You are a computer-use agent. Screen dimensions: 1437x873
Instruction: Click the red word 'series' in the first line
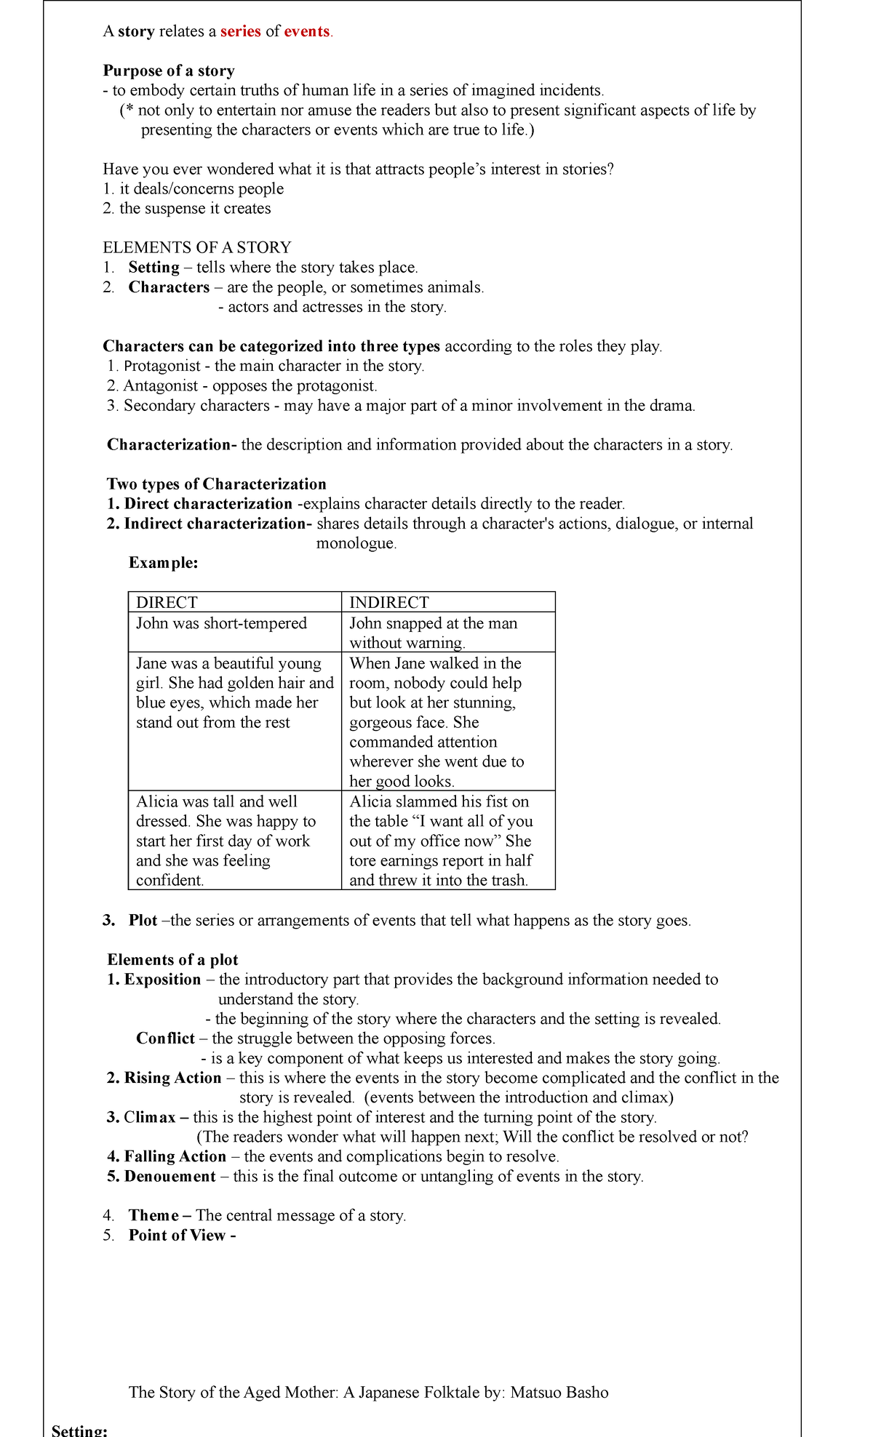click(240, 31)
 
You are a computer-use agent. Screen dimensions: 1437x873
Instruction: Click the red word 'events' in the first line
click(306, 31)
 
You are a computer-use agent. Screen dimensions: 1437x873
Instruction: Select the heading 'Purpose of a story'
click(169, 71)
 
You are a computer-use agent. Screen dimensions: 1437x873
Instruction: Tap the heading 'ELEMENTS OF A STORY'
click(197, 247)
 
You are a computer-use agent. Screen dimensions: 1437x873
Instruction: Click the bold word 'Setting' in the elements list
click(154, 267)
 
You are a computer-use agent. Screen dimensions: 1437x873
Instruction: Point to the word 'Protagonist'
click(162, 366)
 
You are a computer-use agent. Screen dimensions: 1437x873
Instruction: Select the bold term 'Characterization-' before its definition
click(172, 444)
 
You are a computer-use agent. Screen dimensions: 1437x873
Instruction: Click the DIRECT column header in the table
click(167, 602)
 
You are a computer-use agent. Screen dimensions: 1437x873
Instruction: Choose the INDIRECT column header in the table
click(388, 602)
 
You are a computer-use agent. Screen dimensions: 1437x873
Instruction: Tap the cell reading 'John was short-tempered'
click(221, 623)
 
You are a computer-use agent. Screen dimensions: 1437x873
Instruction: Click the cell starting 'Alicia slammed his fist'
click(440, 840)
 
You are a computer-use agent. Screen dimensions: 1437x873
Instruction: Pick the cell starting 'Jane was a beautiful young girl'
click(234, 692)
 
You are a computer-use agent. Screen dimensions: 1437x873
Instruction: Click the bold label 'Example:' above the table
click(163, 562)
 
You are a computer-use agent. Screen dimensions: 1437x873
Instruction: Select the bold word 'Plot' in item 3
click(143, 920)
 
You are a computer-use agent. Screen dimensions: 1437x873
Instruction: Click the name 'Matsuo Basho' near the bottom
click(559, 1392)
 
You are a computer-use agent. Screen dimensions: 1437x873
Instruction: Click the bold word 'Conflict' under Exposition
click(165, 1038)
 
